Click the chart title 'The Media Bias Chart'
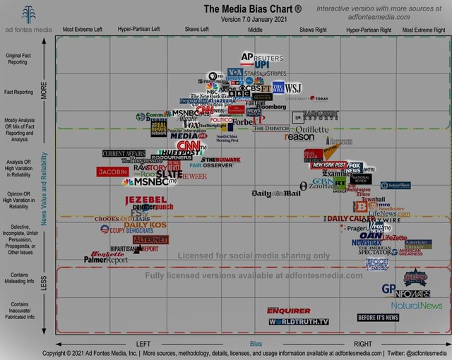click(x=253, y=8)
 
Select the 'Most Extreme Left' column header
click(x=83, y=30)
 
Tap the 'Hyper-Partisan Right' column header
click(x=369, y=30)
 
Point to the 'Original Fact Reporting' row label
click(x=18, y=58)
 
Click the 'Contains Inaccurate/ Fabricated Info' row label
click(x=19, y=311)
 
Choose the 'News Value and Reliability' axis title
click(x=44, y=188)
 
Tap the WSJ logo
click(x=292, y=88)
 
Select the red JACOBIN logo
click(x=112, y=172)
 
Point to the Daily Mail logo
click(x=275, y=193)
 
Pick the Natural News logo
click(x=417, y=306)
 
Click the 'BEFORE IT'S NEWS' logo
click(x=378, y=318)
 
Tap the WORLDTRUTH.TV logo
click(x=299, y=321)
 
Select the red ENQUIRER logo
click(x=288, y=311)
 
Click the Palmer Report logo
click(x=106, y=259)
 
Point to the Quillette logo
click(x=310, y=129)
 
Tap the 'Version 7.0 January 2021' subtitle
click(x=253, y=19)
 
